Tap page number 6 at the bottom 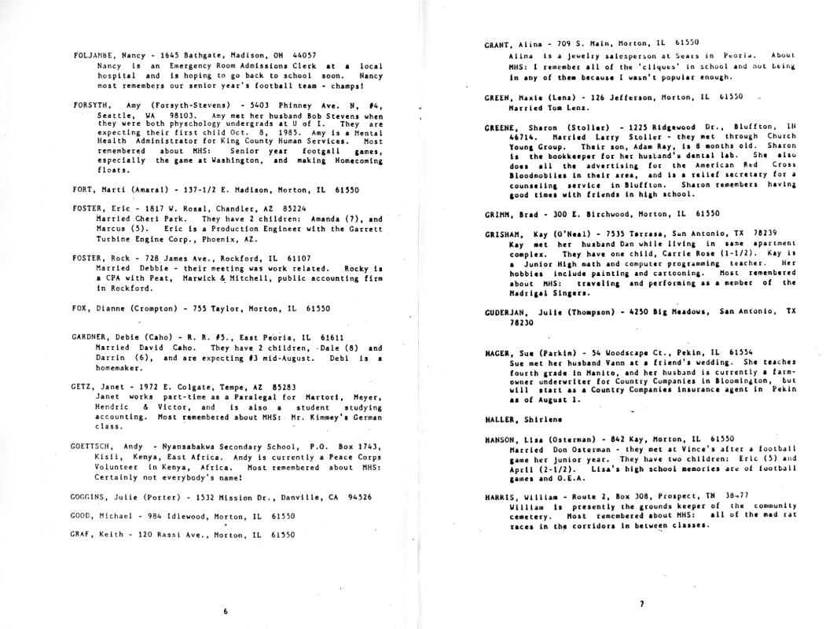coord(226,612)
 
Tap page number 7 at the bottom coord(642,604)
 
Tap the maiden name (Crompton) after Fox coord(152,309)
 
